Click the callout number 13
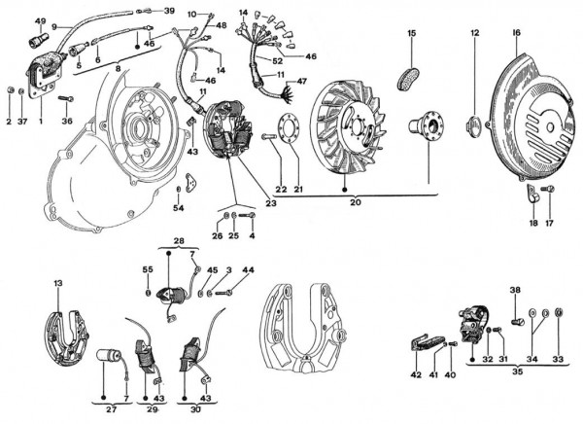click(58, 283)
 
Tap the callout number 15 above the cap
click(411, 34)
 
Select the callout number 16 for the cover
click(515, 34)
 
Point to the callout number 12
click(475, 34)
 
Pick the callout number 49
click(40, 20)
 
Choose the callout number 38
click(515, 290)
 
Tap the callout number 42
click(415, 374)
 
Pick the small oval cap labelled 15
click(412, 74)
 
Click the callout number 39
click(169, 11)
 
